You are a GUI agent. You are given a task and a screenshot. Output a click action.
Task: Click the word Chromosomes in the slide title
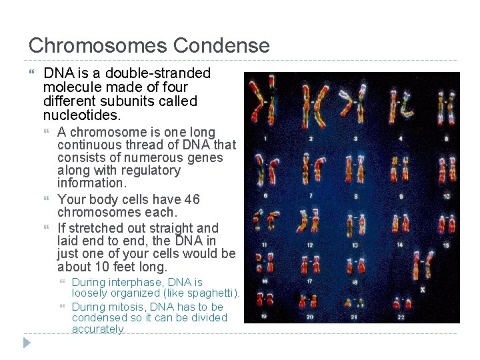pos(98,46)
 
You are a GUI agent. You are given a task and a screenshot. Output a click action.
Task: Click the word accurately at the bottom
pos(98,329)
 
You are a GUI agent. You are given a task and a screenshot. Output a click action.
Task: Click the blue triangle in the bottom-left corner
pos(27,343)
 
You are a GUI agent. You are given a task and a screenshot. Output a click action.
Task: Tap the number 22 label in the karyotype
pos(401,317)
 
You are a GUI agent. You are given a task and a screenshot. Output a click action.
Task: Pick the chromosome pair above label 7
pos(311,169)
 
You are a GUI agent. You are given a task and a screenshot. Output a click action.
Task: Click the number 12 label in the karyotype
pos(310,245)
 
